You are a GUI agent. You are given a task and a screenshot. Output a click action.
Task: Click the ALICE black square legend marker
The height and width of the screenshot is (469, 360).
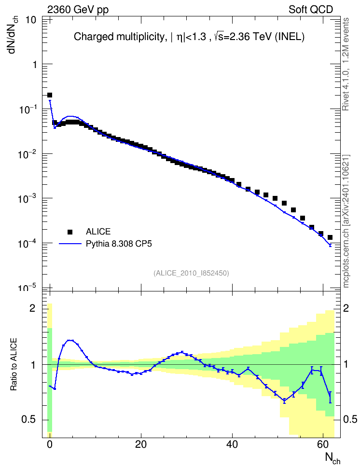tap(70, 232)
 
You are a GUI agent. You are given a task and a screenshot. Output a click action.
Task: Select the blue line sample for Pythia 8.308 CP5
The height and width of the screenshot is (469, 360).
tap(70, 244)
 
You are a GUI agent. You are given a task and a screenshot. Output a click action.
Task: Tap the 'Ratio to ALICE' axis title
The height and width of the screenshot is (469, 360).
tap(14, 364)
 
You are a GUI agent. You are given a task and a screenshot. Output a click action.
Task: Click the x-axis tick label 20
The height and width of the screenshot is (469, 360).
tap(140, 444)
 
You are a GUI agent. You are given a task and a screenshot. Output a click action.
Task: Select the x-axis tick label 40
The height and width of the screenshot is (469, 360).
tap(232, 444)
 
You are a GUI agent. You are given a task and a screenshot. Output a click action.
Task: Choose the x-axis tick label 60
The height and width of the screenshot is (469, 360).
tap(323, 444)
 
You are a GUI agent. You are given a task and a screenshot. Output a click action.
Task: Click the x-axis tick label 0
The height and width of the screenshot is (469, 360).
tap(50, 444)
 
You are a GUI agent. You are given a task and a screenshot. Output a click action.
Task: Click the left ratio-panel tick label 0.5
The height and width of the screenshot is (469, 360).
tap(28, 420)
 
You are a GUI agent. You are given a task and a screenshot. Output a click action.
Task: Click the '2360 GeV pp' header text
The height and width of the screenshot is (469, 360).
tap(78, 10)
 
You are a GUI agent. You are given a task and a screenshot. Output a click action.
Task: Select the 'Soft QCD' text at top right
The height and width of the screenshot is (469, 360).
tap(311, 10)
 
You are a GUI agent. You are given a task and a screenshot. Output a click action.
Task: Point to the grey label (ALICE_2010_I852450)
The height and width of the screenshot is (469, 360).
tap(191, 273)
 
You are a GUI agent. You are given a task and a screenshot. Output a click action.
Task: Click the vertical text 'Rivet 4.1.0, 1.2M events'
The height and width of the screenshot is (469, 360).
tap(346, 64)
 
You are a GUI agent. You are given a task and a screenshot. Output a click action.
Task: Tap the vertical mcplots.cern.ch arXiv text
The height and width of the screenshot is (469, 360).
tap(346, 221)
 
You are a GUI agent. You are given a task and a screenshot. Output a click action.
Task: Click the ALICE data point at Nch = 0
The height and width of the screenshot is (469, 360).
tap(50, 95)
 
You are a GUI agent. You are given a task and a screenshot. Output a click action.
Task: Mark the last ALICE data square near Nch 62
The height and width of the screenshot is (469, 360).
tap(330, 237)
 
